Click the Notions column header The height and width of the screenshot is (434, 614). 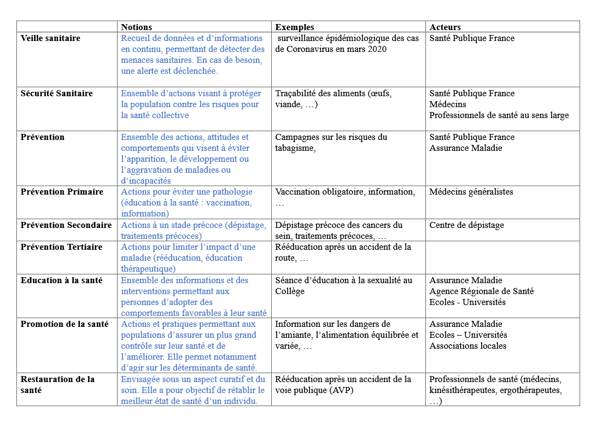(x=137, y=27)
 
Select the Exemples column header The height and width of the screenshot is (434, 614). (x=295, y=27)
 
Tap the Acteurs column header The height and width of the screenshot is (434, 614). (x=445, y=27)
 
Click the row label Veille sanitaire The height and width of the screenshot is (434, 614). (x=50, y=38)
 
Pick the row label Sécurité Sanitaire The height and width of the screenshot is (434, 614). (x=57, y=93)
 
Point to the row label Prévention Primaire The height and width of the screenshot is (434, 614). (x=62, y=192)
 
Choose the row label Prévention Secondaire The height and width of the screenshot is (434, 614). (x=66, y=225)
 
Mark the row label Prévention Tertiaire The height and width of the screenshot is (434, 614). (x=61, y=247)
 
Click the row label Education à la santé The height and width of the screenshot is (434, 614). (x=61, y=280)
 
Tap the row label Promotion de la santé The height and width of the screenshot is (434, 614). (x=65, y=324)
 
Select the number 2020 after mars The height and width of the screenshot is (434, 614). (x=376, y=49)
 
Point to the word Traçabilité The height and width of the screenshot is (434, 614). (x=299, y=93)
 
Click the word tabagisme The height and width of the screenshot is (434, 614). (x=295, y=148)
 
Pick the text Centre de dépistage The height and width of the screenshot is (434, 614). (x=466, y=225)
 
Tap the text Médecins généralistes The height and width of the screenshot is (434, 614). (x=471, y=192)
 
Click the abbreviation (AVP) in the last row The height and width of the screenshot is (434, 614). (x=342, y=390)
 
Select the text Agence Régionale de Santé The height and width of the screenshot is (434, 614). (x=481, y=291)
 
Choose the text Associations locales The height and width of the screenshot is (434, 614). (x=467, y=346)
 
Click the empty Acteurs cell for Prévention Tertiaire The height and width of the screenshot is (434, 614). (x=502, y=257)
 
